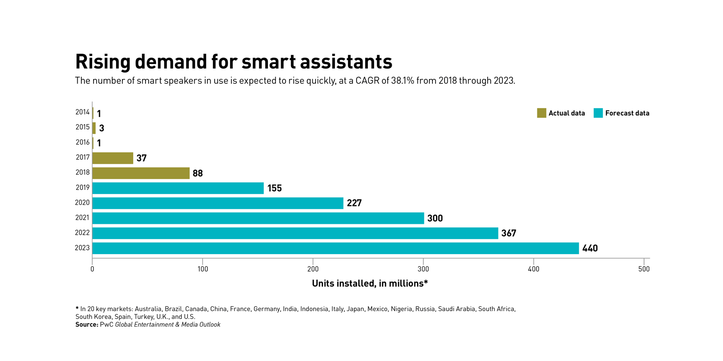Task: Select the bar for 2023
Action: pos(335,248)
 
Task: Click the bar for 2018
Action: pos(141,173)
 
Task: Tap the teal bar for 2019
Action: pos(178,188)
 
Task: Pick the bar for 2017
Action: pos(113,158)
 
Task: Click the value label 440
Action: pos(590,248)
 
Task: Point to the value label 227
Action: pos(354,203)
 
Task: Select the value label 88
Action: pos(197,173)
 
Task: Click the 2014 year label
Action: pos(82,112)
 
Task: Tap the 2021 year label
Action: pos(82,218)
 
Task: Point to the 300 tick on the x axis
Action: pos(423,269)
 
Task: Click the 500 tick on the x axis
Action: pos(644,269)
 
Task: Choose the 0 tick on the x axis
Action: pos(92,269)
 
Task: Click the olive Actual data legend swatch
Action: pos(541,113)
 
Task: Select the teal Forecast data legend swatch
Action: pos(598,113)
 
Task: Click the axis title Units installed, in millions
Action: pos(370,283)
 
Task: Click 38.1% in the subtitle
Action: pos(403,81)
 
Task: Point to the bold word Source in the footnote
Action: pos(87,324)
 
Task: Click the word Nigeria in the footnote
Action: pos(401,309)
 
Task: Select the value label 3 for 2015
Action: pos(102,128)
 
